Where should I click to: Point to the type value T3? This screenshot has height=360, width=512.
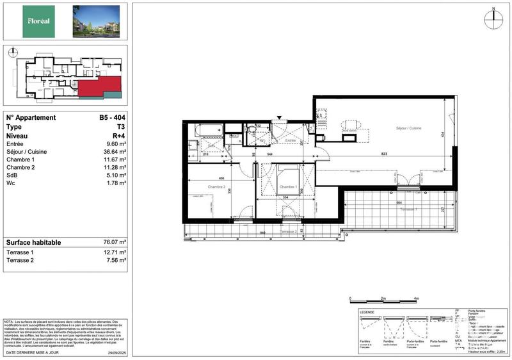[120, 127]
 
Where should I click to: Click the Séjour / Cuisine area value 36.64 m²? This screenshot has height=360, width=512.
[114, 152]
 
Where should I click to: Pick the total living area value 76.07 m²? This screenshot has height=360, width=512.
[113, 243]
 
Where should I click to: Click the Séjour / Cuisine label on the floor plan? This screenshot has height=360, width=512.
[407, 129]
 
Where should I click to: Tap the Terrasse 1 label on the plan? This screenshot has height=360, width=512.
[409, 209]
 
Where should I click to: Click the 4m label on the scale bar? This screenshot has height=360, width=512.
[416, 299]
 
